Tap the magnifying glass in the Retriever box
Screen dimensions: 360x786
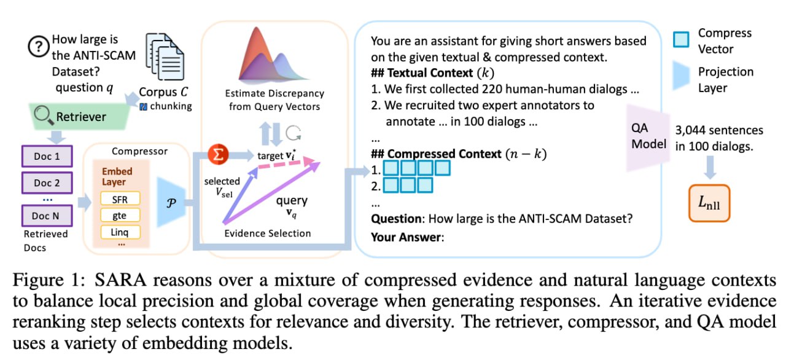click(44, 115)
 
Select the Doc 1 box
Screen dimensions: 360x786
click(47, 156)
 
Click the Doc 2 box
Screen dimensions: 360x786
click(47, 182)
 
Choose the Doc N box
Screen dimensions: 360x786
click(47, 216)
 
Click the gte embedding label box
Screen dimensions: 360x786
click(120, 215)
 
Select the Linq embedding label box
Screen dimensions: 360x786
click(120, 232)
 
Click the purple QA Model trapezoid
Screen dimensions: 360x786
click(648, 136)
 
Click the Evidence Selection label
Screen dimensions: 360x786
click(268, 233)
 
